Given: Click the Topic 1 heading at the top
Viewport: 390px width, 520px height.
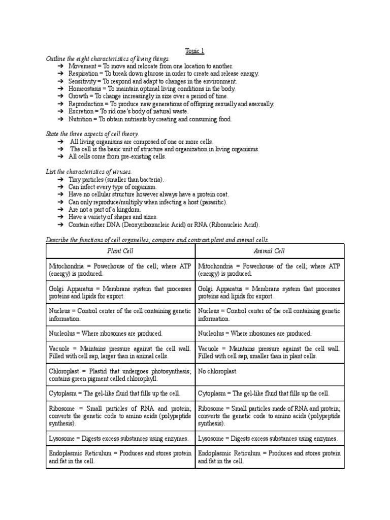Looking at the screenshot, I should [x=194, y=51].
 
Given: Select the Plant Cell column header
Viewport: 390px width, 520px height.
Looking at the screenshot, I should [x=120, y=251].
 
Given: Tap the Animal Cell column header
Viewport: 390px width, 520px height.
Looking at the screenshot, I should [x=269, y=251].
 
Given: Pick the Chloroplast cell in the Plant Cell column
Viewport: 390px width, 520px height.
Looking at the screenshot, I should [x=120, y=375].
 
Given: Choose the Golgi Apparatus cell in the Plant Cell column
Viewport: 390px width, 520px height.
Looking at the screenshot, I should [x=120, y=292].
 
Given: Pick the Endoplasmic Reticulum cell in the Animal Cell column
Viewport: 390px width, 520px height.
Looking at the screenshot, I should [x=269, y=457].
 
